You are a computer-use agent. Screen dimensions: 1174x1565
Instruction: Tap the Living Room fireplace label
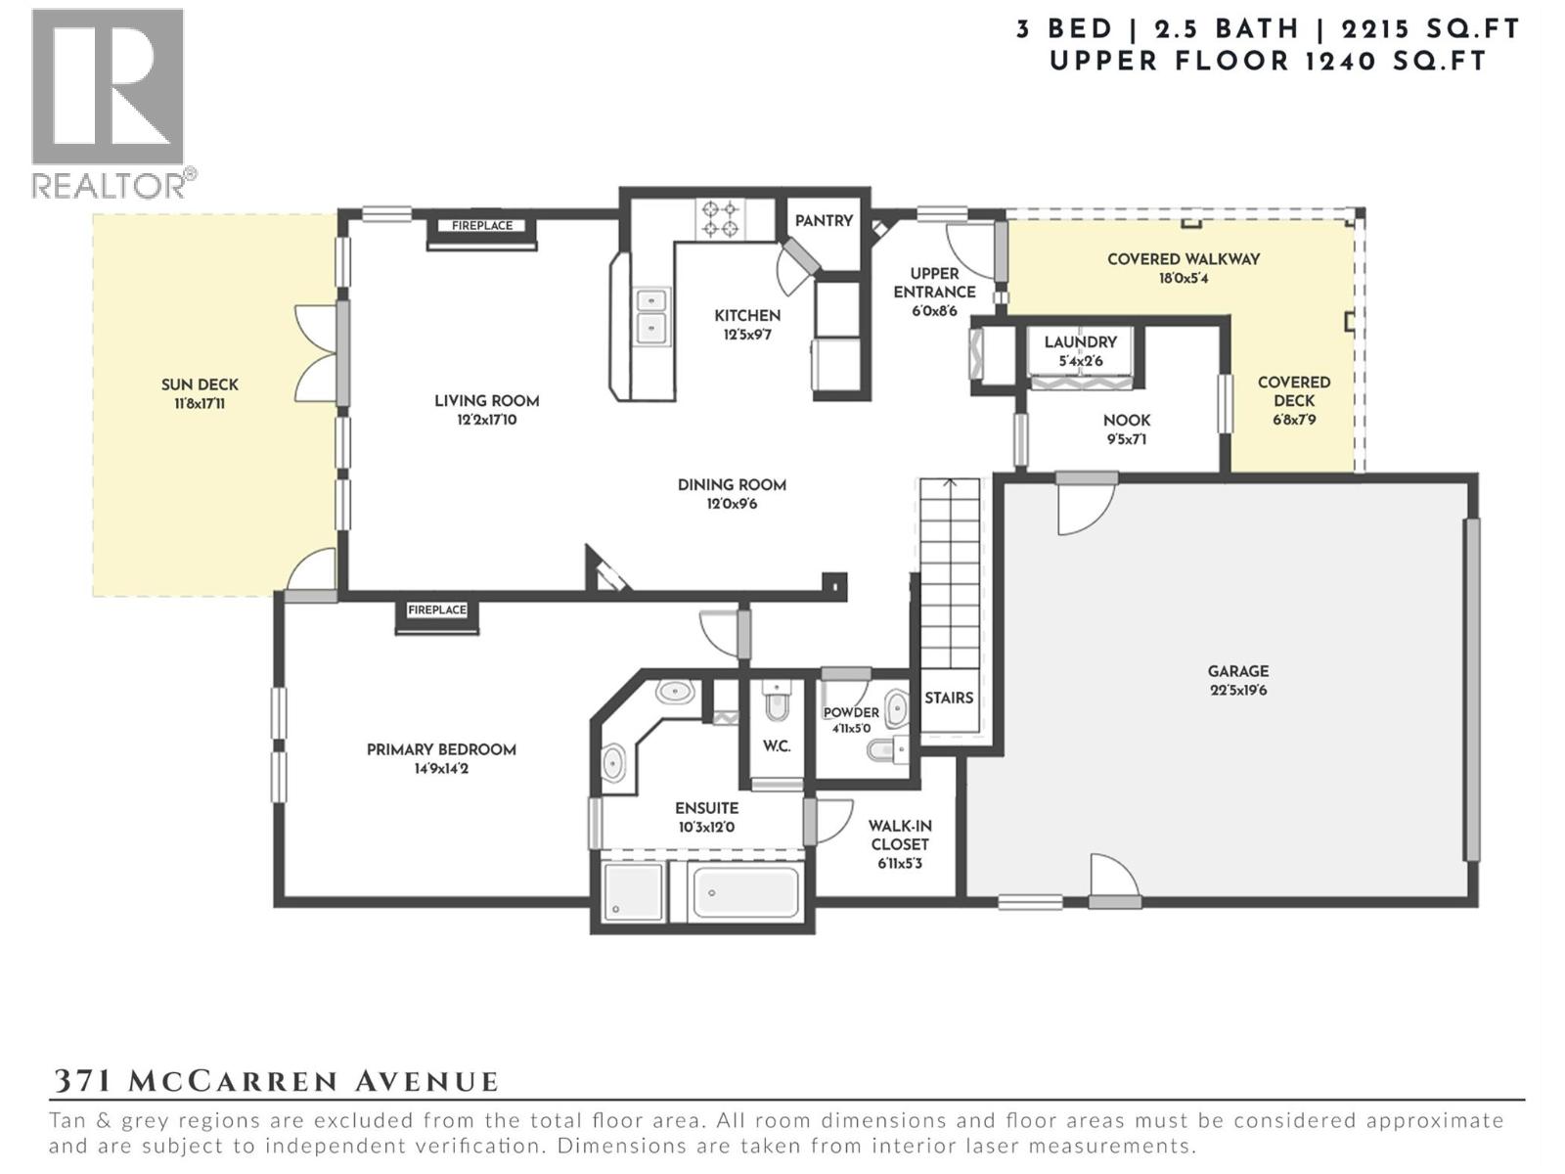pos(481,226)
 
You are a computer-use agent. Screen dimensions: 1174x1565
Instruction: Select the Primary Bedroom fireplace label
pos(437,610)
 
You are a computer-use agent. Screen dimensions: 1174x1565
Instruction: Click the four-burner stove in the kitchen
pos(720,219)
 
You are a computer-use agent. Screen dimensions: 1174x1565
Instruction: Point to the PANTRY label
pos(824,221)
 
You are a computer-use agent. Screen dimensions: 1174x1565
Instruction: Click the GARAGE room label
pos(1237,671)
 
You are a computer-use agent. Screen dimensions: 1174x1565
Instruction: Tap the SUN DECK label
pos(200,384)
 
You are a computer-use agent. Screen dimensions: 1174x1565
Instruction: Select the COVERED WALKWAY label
pos(1183,259)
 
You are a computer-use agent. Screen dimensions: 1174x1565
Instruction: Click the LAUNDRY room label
pos(1080,341)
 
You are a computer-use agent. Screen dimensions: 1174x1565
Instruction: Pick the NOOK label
pos(1126,420)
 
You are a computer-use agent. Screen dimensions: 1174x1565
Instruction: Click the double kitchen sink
pos(651,314)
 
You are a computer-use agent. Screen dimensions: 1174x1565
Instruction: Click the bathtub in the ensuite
pos(745,892)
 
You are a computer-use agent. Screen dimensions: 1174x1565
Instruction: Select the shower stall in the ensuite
pos(633,892)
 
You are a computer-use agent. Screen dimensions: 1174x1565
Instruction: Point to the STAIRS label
pos(948,698)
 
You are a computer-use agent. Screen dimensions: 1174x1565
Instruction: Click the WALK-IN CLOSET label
pos(900,835)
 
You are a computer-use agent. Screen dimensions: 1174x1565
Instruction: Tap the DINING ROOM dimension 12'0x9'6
pos(732,505)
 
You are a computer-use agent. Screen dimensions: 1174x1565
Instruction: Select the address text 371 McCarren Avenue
pos(275,1081)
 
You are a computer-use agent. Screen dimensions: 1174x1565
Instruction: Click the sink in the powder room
pos(896,708)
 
